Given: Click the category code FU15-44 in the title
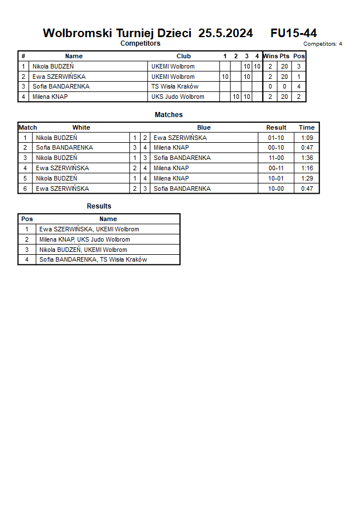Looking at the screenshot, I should [x=294, y=33].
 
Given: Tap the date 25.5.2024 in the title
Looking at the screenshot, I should [x=226, y=33].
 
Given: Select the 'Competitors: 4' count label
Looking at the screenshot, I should [x=323, y=44].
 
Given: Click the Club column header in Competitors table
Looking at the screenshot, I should [x=183, y=56].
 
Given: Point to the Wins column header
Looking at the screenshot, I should [x=270, y=56].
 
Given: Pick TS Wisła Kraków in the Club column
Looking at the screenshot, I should [x=175, y=87].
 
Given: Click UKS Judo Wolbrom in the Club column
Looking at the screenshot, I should [x=178, y=97].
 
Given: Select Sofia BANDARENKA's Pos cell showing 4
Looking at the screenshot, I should [x=299, y=87].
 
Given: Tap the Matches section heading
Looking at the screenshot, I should [x=169, y=115].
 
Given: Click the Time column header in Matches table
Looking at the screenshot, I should [x=306, y=127].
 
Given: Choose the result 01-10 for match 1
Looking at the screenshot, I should [x=276, y=138].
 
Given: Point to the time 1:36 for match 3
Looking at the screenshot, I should [x=307, y=158].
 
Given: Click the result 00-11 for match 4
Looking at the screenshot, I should [x=276, y=168].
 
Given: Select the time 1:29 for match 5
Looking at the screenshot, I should [x=307, y=178].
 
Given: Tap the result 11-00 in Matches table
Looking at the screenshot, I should [x=276, y=158].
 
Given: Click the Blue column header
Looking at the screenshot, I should [x=204, y=127].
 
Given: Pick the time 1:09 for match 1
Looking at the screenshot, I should [x=307, y=138].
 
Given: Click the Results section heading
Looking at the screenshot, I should [x=99, y=206].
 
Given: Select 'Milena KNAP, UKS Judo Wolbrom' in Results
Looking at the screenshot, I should [x=85, y=240].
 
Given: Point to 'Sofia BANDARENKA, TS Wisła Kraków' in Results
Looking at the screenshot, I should [x=93, y=260].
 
